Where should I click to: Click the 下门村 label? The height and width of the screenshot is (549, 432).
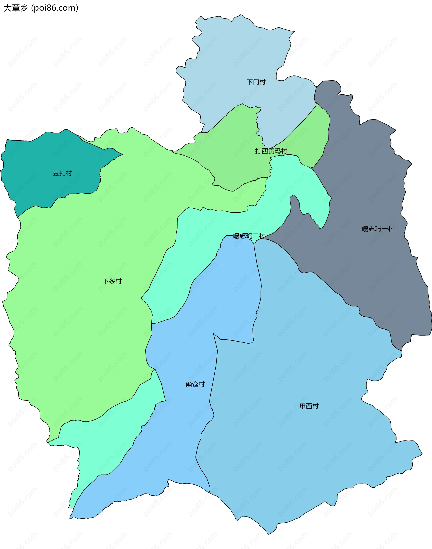click(256, 82)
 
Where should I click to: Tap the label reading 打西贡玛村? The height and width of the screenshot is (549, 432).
click(271, 151)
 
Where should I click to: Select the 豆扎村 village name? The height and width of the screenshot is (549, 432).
click(62, 173)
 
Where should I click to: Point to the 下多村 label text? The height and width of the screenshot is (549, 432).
click(112, 281)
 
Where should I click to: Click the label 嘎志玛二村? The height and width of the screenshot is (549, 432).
click(249, 236)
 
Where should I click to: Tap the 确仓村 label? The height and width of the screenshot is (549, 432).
click(195, 384)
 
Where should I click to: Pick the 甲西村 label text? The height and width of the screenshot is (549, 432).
click(309, 406)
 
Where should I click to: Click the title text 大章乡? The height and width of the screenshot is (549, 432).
click(15, 8)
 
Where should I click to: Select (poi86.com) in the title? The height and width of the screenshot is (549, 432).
click(55, 8)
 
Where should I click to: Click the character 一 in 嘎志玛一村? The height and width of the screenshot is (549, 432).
click(385, 229)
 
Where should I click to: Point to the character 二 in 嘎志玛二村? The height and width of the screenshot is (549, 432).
click(255, 236)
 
